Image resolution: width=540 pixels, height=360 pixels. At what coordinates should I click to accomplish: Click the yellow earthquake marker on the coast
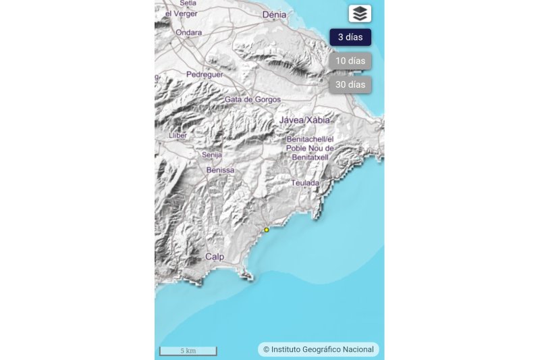(267, 230)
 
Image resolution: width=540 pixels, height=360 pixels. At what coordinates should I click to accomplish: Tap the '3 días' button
(350, 37)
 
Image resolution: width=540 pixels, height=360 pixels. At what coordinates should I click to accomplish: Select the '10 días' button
(350, 61)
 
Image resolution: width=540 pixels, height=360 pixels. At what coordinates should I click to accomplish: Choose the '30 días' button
(350, 84)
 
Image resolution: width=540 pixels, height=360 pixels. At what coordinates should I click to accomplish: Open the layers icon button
(360, 14)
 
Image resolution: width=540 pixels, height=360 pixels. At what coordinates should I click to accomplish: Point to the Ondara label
(188, 32)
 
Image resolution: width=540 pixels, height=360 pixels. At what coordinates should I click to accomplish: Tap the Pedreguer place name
(205, 74)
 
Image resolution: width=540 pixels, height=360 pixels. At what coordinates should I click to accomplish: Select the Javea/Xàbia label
(305, 120)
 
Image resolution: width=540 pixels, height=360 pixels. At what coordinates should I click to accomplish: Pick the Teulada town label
(306, 183)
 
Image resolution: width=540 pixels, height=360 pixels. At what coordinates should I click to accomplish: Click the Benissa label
(220, 170)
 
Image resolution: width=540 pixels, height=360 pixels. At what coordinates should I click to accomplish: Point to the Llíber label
(177, 136)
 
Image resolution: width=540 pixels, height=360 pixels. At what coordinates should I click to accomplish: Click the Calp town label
(215, 257)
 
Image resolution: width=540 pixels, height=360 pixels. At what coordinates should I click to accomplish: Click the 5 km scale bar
(188, 351)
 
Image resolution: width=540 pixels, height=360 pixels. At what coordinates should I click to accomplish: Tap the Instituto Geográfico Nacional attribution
(318, 349)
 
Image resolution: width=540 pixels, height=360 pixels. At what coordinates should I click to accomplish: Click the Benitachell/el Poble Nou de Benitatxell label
(310, 148)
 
